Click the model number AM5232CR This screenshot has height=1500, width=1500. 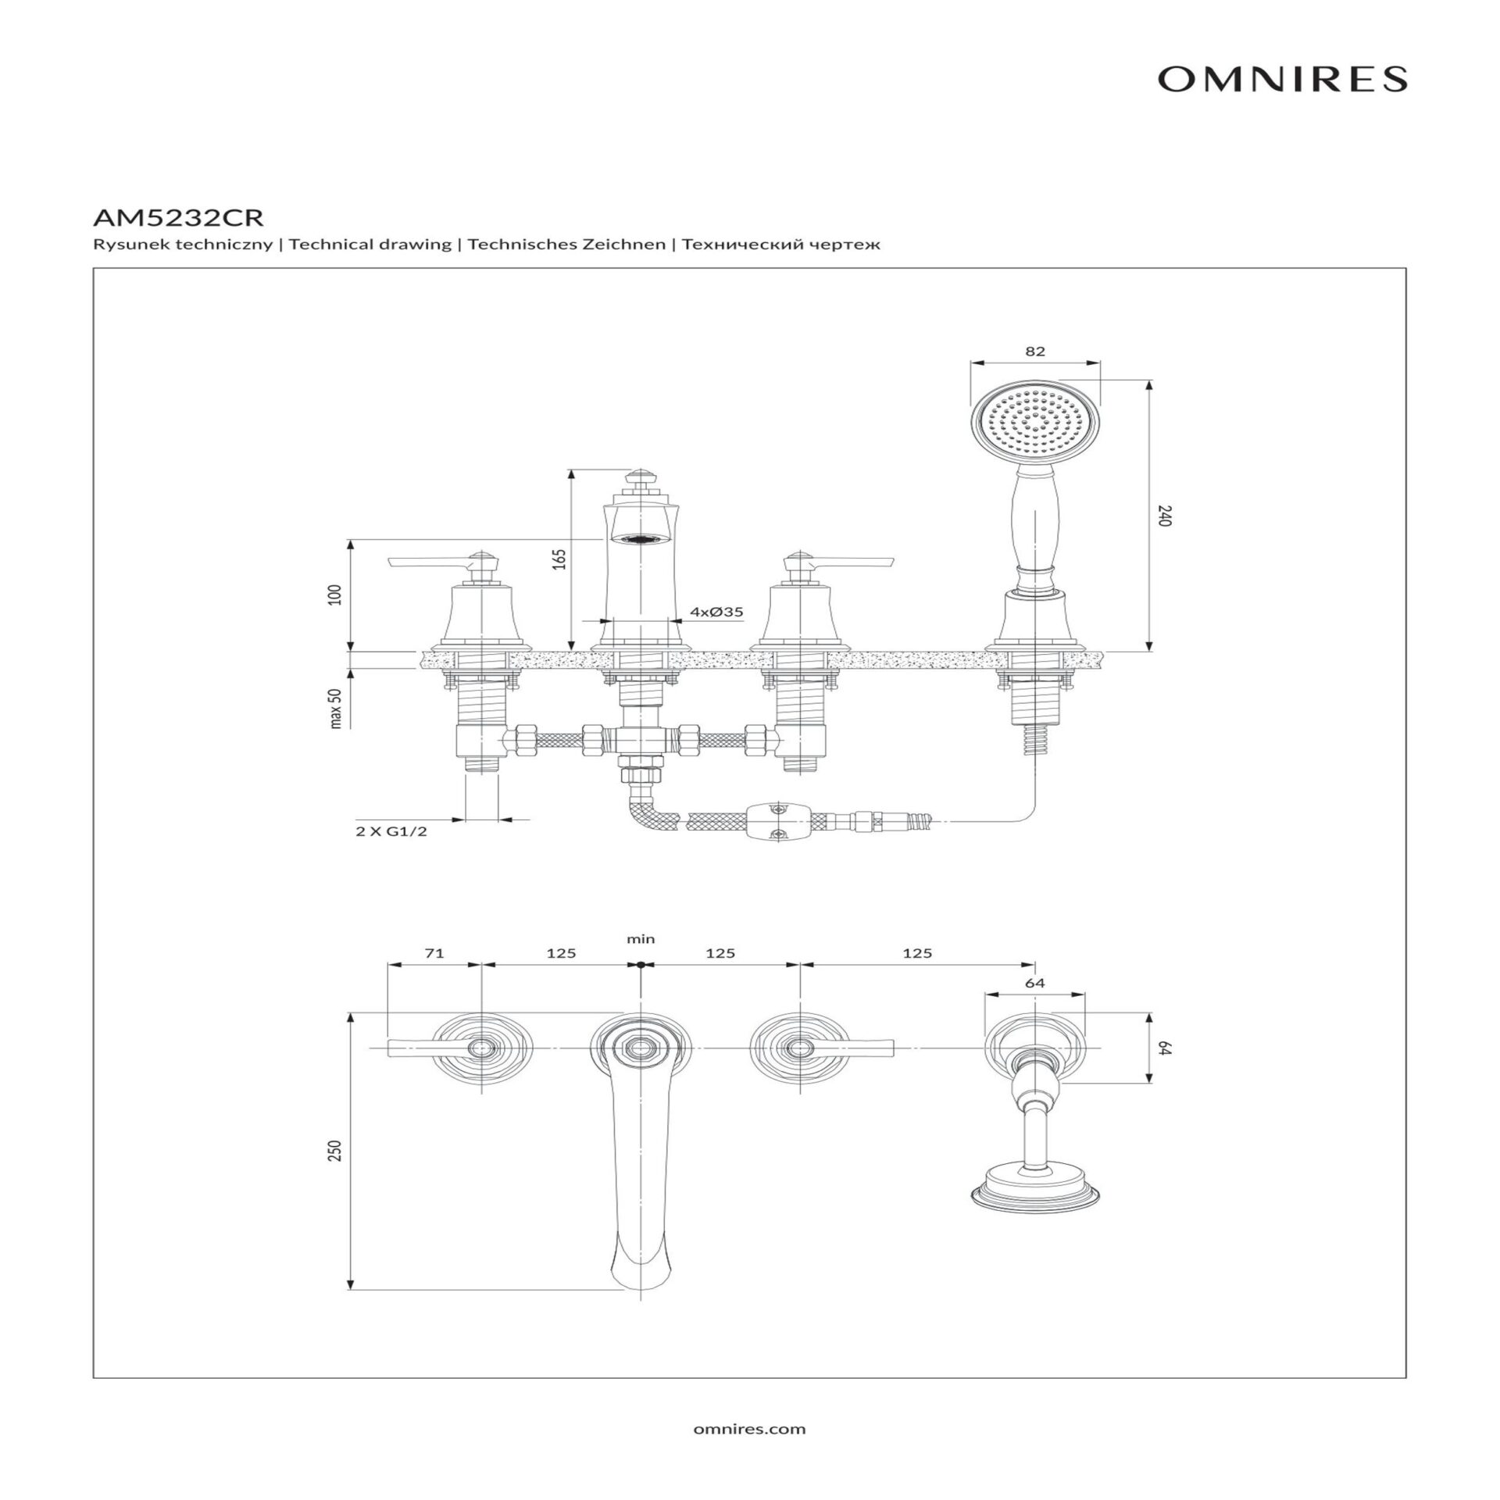[x=178, y=216]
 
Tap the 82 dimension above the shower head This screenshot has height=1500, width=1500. [x=1034, y=352]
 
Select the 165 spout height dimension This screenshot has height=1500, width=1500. [x=559, y=559]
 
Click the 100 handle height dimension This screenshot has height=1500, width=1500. [x=336, y=595]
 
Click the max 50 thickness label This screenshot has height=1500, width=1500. [x=336, y=709]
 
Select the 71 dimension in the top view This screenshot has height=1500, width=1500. [x=434, y=953]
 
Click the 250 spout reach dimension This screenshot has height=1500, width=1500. [x=336, y=1151]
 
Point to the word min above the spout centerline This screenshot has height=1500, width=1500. [x=641, y=939]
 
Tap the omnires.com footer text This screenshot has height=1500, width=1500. [x=749, y=1429]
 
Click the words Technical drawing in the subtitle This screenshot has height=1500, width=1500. [x=370, y=245]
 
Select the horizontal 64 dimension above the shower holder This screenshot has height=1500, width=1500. [x=1034, y=983]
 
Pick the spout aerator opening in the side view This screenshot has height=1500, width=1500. [x=641, y=538]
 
